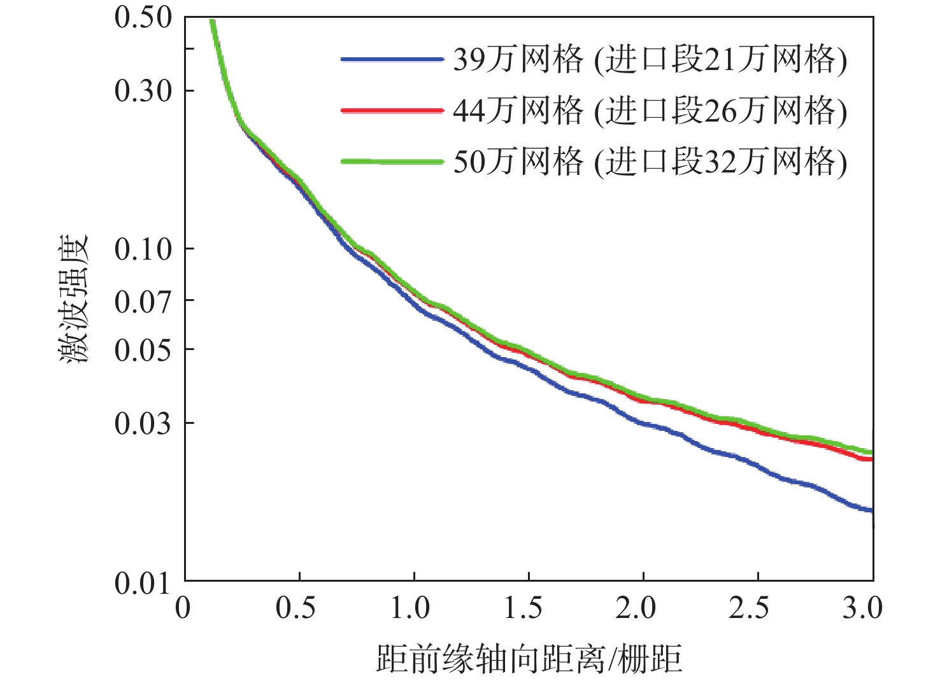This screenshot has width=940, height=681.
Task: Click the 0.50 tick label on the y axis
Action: coord(143,17)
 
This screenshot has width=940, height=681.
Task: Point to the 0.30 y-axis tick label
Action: coord(143,92)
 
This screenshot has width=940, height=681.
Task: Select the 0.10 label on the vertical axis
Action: coord(143,249)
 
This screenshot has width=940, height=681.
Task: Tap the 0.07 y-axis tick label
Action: coord(143,300)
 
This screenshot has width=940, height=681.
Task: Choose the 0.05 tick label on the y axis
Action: coord(143,349)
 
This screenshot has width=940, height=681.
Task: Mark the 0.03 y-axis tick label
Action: coord(143,423)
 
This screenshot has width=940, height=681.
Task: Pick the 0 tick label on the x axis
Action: coord(183,608)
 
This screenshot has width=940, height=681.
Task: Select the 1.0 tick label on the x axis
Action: coord(411,608)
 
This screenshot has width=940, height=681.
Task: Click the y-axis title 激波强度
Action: coord(75,300)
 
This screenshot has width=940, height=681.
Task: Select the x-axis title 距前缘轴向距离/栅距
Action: coord(529,659)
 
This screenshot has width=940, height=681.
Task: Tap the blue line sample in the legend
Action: coord(392,60)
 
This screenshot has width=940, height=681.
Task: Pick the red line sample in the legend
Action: coord(392,111)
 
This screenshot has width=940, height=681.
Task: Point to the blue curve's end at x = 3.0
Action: coord(871,510)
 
